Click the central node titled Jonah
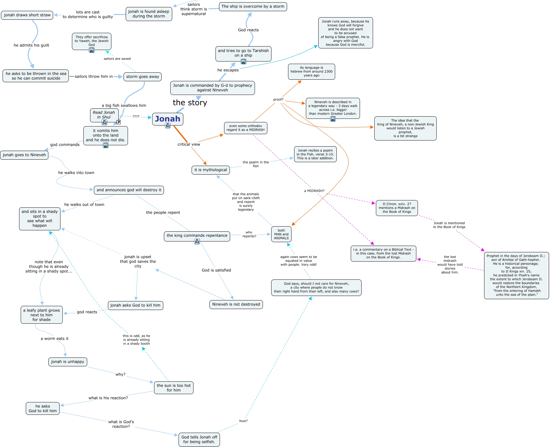tap(167, 119)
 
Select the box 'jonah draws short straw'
tap(27, 15)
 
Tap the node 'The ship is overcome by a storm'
tap(253, 6)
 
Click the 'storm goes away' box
tap(143, 77)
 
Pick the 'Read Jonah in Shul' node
tap(104, 115)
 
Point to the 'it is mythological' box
tap(210, 170)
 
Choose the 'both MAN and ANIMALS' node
tap(281, 234)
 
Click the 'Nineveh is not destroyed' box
tap(236, 304)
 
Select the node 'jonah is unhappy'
tap(67, 362)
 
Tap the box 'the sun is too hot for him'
tap(173, 388)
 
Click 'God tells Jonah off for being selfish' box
tap(199, 439)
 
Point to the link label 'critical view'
tap(189, 144)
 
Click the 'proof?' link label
tap(278, 99)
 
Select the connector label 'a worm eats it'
tap(54, 339)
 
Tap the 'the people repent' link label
tap(163, 213)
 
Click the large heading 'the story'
tap(190, 103)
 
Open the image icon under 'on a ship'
tap(243, 61)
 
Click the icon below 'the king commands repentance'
tap(197, 242)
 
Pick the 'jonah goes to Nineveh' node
tap(24, 155)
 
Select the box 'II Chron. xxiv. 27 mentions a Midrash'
tap(397, 208)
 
